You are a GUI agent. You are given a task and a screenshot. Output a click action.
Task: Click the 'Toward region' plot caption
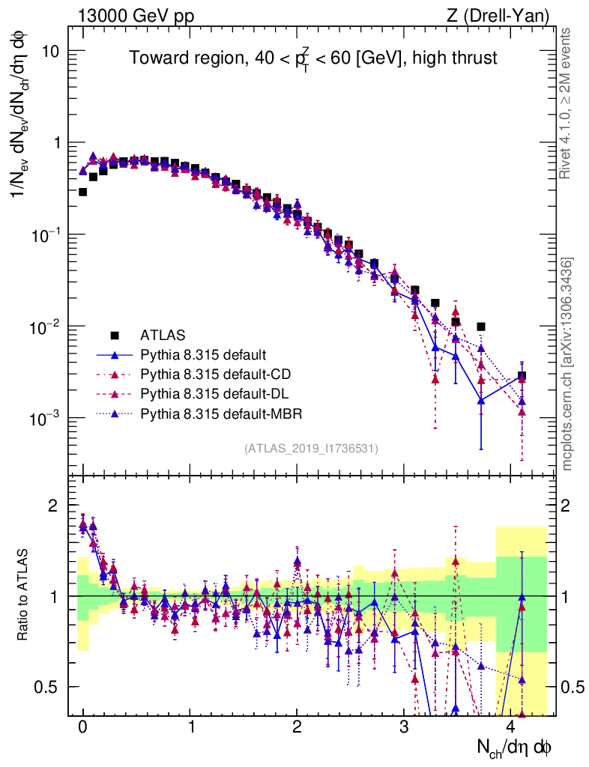tap(312, 58)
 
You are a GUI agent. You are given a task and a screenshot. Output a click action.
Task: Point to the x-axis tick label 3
tap(405, 727)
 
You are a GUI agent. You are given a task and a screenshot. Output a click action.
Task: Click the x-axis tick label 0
tap(82, 727)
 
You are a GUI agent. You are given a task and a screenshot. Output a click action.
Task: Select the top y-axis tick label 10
tap(49, 51)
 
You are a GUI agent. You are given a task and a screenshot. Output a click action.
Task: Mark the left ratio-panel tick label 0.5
tap(49, 687)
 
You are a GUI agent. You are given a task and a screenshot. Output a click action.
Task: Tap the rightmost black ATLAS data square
tap(522, 376)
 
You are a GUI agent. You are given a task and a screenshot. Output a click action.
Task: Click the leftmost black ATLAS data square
tap(82, 192)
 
